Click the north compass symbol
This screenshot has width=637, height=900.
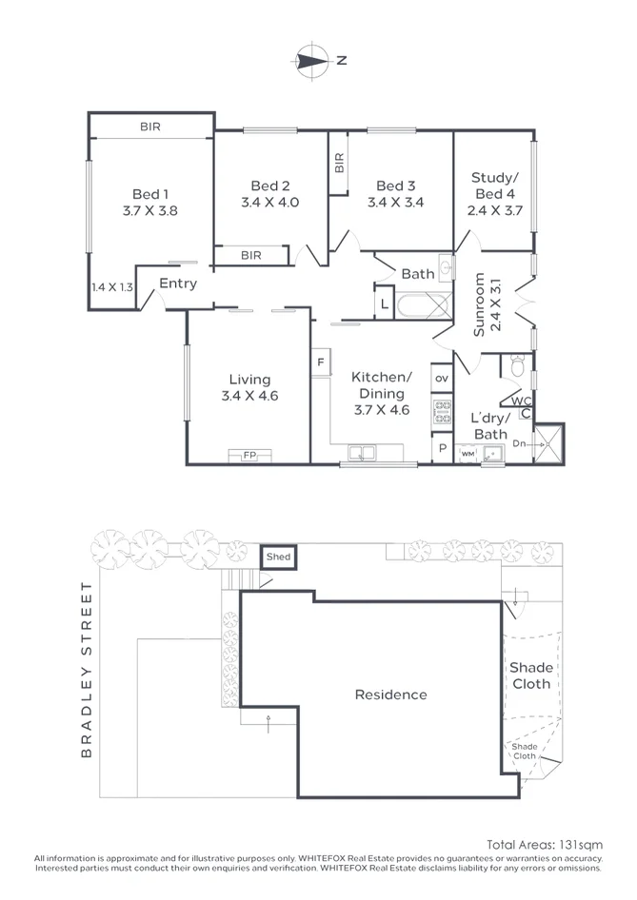coord(312,60)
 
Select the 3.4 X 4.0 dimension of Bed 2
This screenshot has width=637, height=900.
coord(270,202)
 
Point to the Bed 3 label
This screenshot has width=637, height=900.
coord(396,186)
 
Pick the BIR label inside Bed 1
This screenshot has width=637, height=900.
coord(150,127)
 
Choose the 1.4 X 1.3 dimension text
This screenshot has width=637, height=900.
coord(112,287)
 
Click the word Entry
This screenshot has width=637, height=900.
coord(178,284)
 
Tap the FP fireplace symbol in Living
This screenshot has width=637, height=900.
coord(249,455)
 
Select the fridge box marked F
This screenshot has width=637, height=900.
coord(321,362)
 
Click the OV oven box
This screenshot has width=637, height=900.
coord(442,379)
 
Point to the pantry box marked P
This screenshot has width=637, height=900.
coord(442,448)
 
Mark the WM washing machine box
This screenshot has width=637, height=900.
coord(468,454)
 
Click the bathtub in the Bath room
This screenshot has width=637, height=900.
coord(425,305)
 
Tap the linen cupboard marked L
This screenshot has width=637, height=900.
coord(385,304)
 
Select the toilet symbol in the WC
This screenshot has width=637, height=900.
coord(518,365)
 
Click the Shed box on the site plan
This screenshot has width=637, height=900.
coord(279,557)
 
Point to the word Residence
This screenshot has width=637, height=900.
coord(391,695)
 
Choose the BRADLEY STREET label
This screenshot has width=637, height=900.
coord(86,671)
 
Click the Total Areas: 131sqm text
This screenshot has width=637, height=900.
coord(545,845)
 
